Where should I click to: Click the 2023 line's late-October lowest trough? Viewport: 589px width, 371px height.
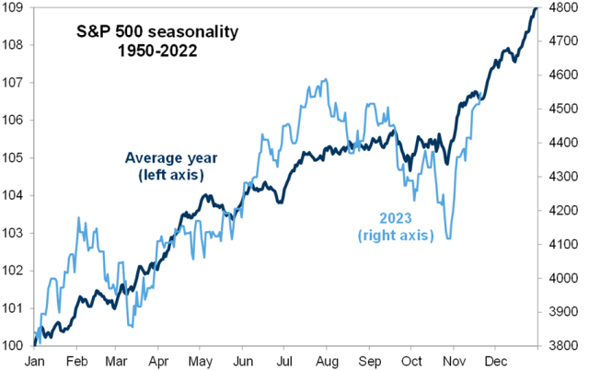448,239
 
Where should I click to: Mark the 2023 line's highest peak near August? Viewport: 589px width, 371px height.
324,80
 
